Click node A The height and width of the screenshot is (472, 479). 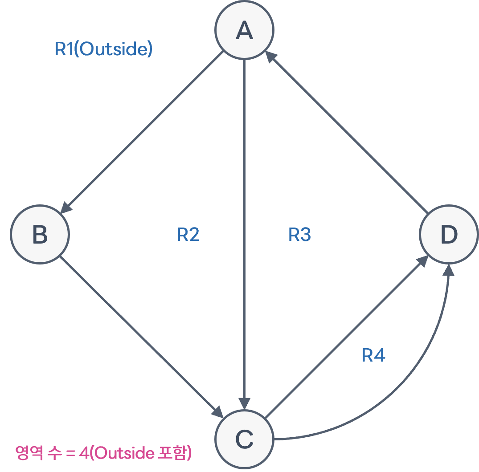(244, 30)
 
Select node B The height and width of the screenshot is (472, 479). (40, 235)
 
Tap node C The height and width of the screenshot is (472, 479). (244, 439)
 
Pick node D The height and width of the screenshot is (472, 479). (449, 235)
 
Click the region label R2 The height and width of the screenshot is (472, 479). (188, 234)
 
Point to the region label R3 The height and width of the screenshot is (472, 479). (299, 234)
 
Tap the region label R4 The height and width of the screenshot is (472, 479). (373, 355)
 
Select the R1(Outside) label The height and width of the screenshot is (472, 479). (103, 49)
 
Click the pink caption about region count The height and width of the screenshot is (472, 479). (103, 453)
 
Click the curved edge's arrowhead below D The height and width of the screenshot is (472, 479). (449, 270)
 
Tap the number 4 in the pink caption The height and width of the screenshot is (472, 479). (84, 453)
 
